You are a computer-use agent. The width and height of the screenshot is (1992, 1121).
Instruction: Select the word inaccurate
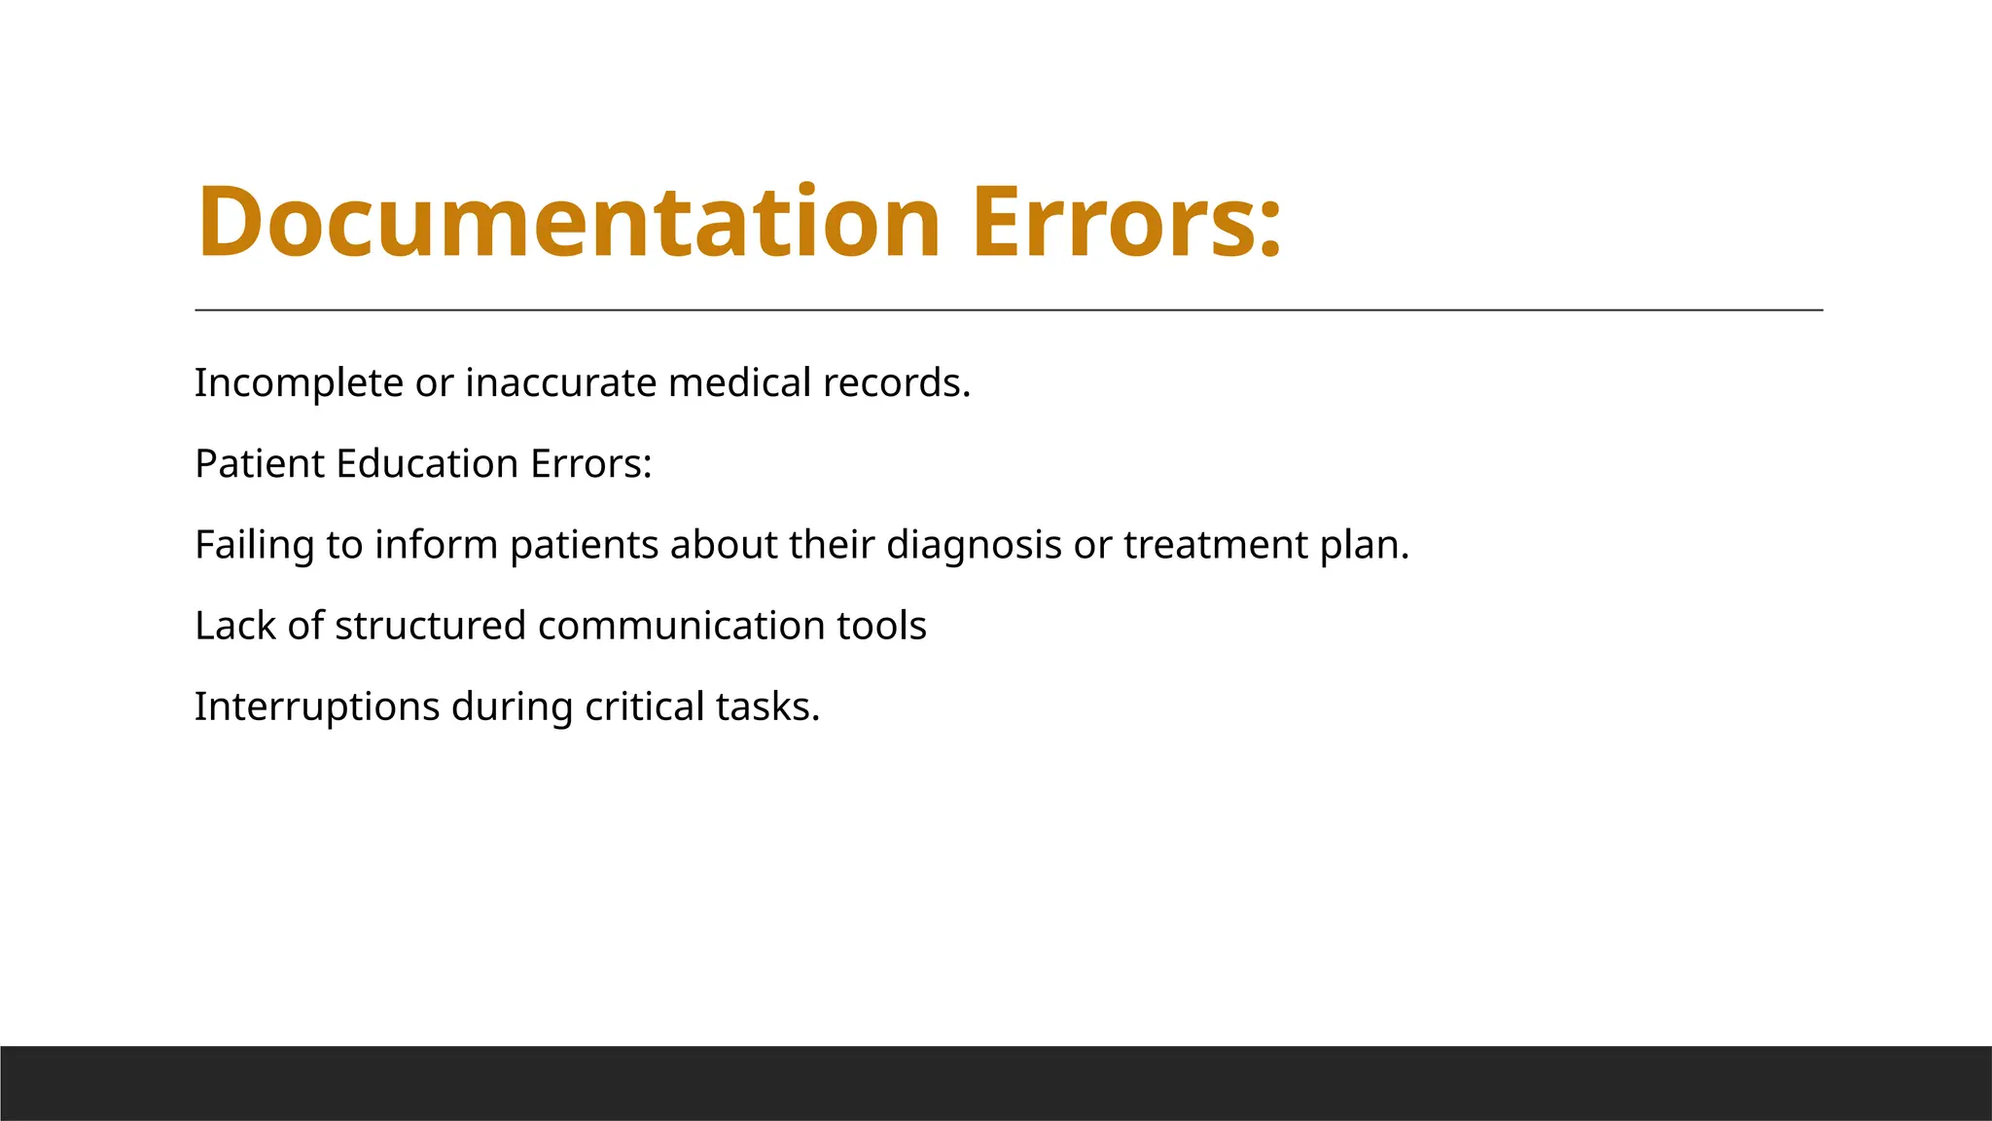pyautogui.click(x=561, y=383)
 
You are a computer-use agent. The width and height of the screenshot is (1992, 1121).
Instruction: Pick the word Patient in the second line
pyautogui.click(x=259, y=464)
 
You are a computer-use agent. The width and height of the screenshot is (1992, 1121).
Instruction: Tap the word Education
pyautogui.click(x=427, y=464)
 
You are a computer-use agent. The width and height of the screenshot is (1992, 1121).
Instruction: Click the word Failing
pyautogui.click(x=254, y=545)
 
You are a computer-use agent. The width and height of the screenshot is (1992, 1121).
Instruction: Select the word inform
pyautogui.click(x=437, y=545)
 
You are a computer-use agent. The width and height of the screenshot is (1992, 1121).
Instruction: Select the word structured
pyautogui.click(x=430, y=626)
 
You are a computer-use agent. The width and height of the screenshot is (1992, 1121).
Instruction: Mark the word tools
pyautogui.click(x=881, y=626)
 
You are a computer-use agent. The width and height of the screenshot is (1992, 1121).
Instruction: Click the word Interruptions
pyautogui.click(x=317, y=707)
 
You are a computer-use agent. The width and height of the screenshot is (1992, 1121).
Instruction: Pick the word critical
pyautogui.click(x=645, y=707)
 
